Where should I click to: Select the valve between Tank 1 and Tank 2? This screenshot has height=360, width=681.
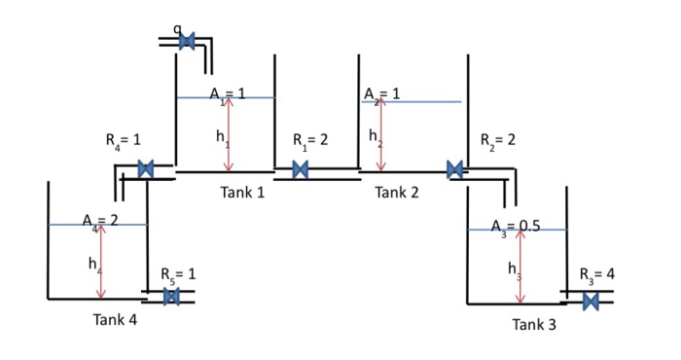click(301, 170)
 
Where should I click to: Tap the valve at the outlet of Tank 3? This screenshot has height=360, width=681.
click(591, 301)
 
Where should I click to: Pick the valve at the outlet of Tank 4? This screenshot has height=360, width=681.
click(171, 297)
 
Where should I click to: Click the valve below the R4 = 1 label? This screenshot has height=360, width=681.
click(146, 169)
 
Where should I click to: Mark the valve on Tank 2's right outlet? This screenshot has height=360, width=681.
click(454, 170)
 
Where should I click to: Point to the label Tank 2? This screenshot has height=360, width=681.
click(396, 193)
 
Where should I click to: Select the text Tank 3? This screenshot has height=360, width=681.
click(534, 324)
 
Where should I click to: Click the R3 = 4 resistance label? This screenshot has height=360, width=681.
click(596, 274)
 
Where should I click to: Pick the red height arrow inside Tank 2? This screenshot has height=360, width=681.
click(381, 134)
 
